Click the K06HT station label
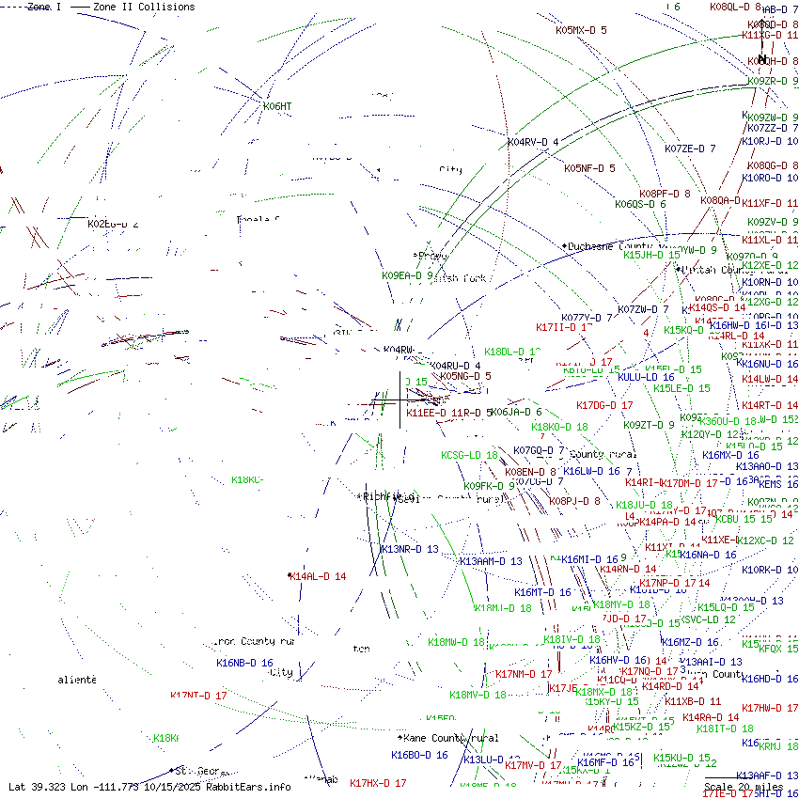(277, 106)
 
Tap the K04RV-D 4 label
(533, 142)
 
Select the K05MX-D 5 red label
(581, 30)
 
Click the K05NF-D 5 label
(589, 169)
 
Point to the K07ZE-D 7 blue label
(690, 149)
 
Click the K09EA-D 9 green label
(407, 275)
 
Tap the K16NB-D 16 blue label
(244, 663)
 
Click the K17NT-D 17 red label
(198, 696)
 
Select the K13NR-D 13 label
(409, 549)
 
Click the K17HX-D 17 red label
(378, 783)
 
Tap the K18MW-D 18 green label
(456, 643)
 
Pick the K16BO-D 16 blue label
(419, 755)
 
